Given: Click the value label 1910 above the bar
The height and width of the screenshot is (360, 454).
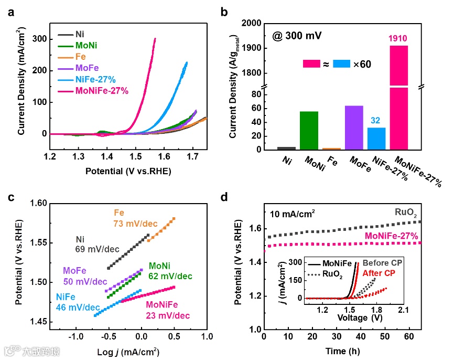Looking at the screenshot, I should [398, 38].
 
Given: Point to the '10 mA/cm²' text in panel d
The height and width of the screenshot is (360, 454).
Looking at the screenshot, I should [294, 214].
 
